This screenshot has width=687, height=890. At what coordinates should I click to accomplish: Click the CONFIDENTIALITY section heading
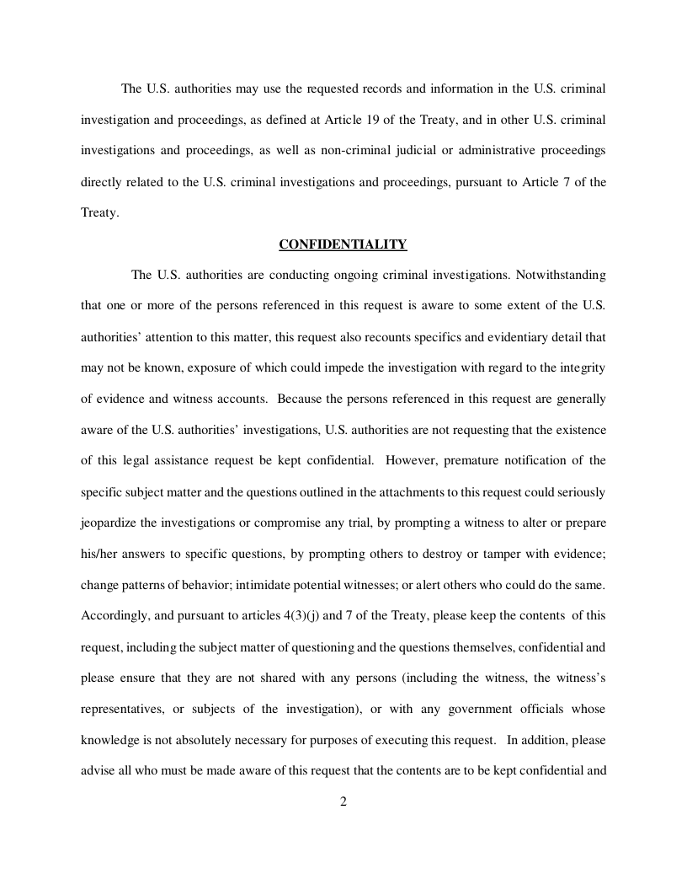(343, 244)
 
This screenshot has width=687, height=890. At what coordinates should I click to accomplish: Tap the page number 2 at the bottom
(343, 801)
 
